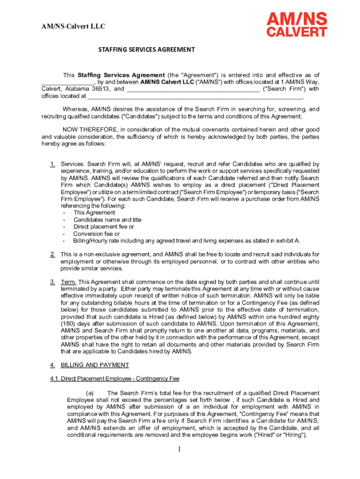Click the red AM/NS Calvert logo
pos(296,25)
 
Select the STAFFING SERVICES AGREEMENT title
pos(146,50)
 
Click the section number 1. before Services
pos(53,164)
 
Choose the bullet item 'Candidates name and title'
pos(107,220)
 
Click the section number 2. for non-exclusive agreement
pos(53,254)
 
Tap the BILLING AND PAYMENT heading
pos(95,365)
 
